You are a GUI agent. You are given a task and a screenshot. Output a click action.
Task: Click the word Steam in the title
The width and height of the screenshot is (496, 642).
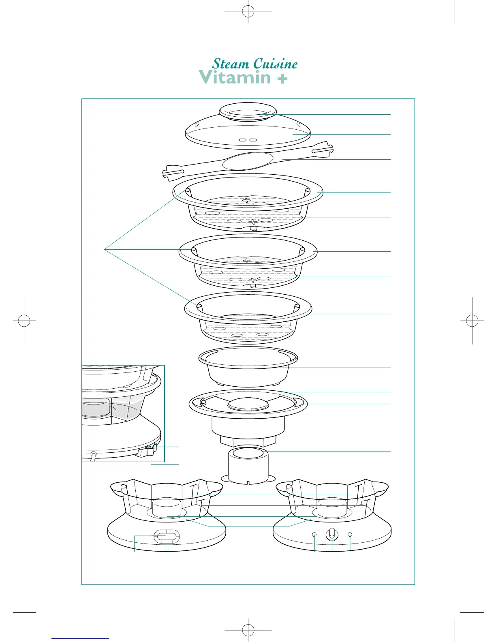pos(231,64)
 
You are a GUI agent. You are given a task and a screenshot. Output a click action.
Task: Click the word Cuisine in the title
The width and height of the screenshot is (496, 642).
pos(276,64)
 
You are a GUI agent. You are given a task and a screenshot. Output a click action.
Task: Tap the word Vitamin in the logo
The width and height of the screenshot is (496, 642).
pos(235,77)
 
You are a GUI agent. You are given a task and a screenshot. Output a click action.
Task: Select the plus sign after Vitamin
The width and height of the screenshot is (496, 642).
pos(282,79)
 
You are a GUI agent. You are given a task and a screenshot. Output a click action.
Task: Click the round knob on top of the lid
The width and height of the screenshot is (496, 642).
pos(248,111)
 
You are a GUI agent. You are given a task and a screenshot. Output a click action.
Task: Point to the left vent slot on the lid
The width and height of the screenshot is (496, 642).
pos(243,140)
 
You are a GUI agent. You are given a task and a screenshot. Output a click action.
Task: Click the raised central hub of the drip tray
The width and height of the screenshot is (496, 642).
pos(248,404)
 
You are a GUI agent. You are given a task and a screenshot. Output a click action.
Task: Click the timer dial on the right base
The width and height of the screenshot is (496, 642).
pos(332,535)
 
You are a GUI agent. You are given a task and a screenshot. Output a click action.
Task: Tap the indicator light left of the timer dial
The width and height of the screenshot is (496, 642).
pos(314,535)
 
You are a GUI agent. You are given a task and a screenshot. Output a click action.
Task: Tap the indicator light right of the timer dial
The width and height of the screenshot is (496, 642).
pos(350,535)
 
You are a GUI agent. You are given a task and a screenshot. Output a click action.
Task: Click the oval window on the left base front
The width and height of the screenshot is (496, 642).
pos(167,537)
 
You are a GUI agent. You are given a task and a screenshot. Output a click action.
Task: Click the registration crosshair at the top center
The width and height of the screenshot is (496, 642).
pos(248,11)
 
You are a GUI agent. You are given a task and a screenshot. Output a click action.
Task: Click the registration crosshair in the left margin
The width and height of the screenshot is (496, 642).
pos(24,321)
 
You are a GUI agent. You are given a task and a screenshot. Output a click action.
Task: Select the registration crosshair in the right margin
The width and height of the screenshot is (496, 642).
pos(472,321)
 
